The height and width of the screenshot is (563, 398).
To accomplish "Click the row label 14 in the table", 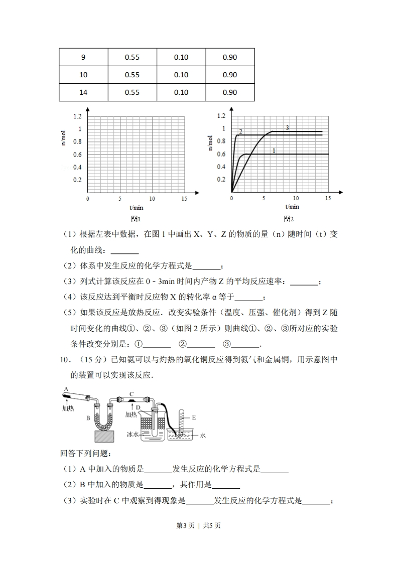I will [x=83, y=92].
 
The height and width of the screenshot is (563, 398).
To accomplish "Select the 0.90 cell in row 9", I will [x=230, y=57].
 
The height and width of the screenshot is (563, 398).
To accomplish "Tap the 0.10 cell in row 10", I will [x=181, y=75].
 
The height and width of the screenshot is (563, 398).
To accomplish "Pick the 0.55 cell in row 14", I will [x=132, y=92].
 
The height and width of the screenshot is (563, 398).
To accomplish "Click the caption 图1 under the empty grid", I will [x=136, y=219].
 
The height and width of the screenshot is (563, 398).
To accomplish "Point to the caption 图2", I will [x=289, y=219].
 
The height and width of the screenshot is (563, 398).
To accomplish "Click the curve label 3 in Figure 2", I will [x=288, y=128].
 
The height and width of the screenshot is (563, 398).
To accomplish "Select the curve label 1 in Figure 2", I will [x=274, y=150].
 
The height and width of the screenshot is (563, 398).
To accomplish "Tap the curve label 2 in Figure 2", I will [x=241, y=131].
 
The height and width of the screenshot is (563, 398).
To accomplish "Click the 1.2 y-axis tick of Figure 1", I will [x=77, y=116].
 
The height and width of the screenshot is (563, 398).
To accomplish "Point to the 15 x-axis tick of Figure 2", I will [x=328, y=198].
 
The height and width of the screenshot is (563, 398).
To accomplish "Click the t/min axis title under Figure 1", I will [x=136, y=207].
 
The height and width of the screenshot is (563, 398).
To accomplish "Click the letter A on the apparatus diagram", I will [x=66, y=389].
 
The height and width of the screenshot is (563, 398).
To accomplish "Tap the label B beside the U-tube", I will [x=88, y=417].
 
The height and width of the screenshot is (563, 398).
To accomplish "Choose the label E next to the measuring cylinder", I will [x=193, y=417].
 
